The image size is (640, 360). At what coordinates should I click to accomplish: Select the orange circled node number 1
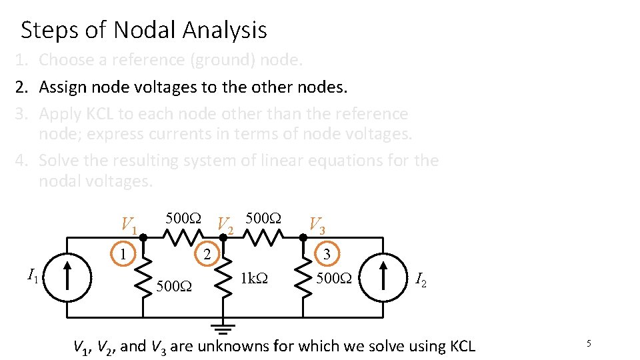pos(123,254)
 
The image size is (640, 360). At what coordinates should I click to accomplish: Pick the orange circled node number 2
pos(207,254)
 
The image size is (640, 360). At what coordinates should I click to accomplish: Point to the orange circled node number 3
pos(326,254)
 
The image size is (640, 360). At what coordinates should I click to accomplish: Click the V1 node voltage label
pos(129,225)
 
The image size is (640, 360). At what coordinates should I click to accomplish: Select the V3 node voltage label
pos(317,225)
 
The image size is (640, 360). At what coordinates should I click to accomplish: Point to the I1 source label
pos(32,273)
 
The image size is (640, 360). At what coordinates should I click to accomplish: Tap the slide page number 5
pos(589,343)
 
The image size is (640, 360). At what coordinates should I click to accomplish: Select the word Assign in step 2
pos(61,87)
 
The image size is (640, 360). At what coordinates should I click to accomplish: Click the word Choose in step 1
pos(66,60)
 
